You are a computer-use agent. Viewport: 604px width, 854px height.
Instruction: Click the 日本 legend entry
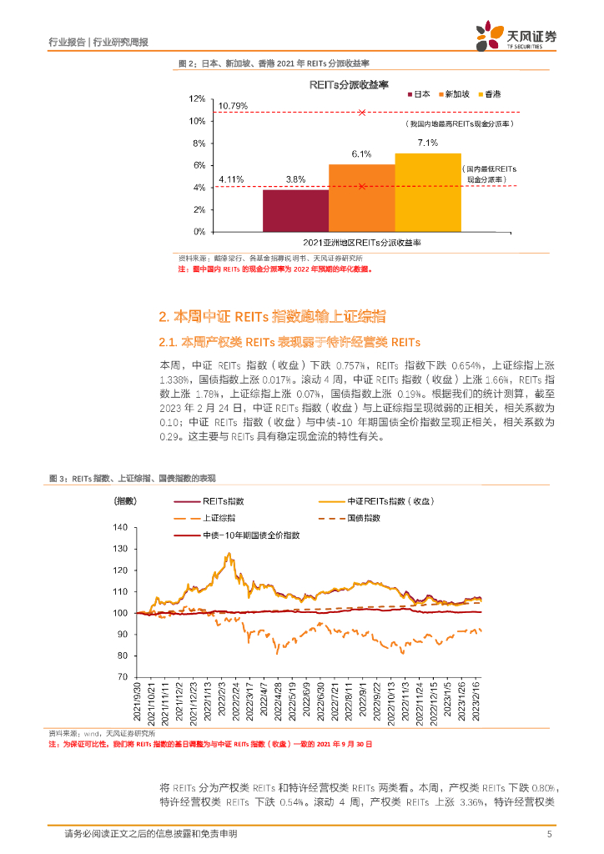coord(418,94)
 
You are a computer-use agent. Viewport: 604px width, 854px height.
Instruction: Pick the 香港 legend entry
coord(492,94)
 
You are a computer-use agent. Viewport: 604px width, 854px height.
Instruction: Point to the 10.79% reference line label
coord(232,106)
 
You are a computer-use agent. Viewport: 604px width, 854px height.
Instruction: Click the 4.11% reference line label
coord(230,179)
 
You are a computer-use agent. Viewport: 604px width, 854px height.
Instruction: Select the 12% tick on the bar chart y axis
coord(197,99)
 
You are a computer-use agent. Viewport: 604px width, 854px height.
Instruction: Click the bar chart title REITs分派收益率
coord(337,84)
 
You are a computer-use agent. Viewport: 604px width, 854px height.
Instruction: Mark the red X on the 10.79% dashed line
coord(361,112)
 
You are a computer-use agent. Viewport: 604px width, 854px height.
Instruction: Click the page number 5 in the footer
coord(548,834)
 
